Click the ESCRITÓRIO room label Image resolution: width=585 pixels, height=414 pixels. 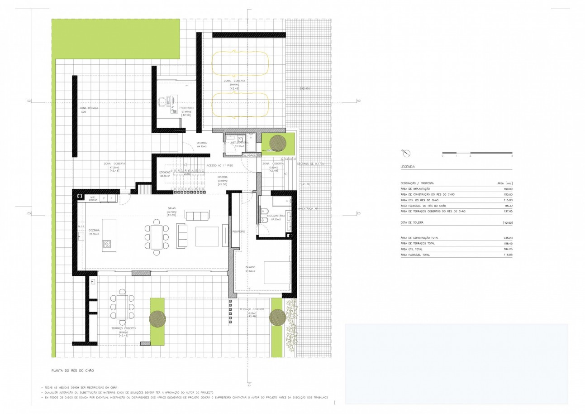click(186, 108)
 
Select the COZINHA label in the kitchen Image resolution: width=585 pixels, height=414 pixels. click(94, 230)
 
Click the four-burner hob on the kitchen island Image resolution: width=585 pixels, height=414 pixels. click(107, 245)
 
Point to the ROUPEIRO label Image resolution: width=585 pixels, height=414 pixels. click(238, 231)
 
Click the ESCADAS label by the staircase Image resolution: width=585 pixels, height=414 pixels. click(165, 172)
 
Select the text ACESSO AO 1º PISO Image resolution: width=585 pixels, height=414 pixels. click(220, 166)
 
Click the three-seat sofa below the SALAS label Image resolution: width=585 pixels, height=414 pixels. click(197, 215)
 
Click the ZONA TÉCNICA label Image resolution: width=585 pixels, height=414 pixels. click(89, 108)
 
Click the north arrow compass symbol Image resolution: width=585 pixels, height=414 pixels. click(405, 153)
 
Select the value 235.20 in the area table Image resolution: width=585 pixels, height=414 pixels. click(507, 238)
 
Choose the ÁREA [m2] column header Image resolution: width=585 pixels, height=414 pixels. click(504, 183)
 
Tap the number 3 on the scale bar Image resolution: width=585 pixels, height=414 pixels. click(512, 156)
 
